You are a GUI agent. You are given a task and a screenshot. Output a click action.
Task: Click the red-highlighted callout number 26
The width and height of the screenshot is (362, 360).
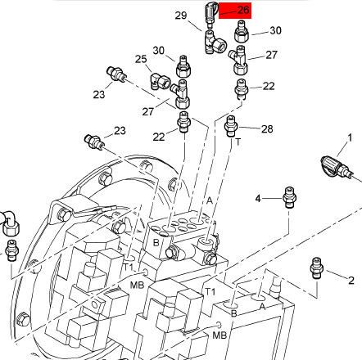coord(243,10)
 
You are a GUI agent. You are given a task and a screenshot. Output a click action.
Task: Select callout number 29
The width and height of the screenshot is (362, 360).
coord(181,16)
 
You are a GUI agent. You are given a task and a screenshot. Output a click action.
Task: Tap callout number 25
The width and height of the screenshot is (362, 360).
coord(141,59)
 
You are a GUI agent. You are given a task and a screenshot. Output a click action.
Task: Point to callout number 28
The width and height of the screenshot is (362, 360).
coord(267,128)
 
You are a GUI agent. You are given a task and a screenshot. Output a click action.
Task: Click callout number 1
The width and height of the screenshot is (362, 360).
coord(350,137)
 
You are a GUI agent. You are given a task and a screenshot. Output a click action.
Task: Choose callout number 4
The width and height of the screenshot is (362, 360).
coord(258,199)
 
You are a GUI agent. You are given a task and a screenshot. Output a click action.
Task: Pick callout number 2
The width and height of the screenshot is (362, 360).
coord(351,280)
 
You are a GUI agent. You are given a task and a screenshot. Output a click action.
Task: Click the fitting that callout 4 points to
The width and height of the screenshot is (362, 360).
coord(289,197)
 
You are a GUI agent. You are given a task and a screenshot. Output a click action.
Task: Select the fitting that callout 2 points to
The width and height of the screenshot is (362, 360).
coord(317,268)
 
